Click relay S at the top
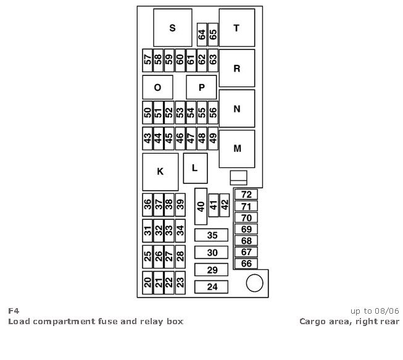[x=172, y=28]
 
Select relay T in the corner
[x=236, y=28]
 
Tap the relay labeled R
[x=236, y=69]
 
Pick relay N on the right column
[x=236, y=109]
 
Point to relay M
[x=236, y=149]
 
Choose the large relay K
[x=160, y=172]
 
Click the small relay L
[x=195, y=168]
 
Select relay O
[x=157, y=88]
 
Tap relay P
[x=201, y=88]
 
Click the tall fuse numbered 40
[x=201, y=206]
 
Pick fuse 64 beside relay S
[x=202, y=34]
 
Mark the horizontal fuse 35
[x=212, y=235]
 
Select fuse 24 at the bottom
[x=212, y=287]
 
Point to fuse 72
[x=246, y=195]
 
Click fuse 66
[x=246, y=264]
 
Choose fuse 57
[x=147, y=60]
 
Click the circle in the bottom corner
[x=254, y=283]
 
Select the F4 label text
[x=13, y=311]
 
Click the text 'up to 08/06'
[x=375, y=311]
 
